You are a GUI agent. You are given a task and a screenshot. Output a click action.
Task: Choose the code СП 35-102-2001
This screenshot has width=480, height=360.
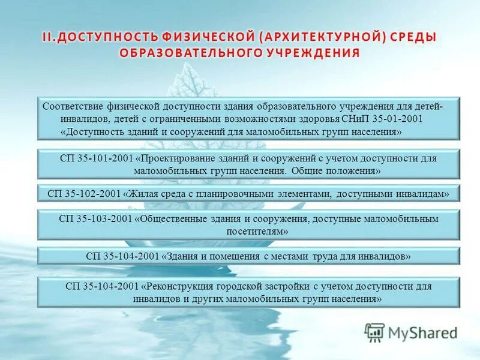click(84, 194)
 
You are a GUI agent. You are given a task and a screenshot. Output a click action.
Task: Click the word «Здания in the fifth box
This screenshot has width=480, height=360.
click(180, 256)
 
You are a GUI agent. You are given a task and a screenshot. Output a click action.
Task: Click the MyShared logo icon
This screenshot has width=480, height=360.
click(374, 332)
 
